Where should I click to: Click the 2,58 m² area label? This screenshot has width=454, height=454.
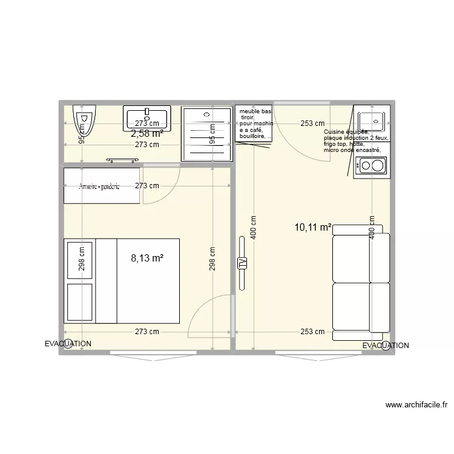point(147,133)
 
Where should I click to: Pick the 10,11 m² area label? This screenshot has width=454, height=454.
point(312,228)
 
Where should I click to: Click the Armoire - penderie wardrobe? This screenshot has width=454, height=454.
point(101,186)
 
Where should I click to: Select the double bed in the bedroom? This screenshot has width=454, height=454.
point(121,281)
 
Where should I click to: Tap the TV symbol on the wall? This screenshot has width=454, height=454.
point(242,263)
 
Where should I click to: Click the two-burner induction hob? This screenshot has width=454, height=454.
point(371,164)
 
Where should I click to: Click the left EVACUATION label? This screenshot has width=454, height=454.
point(68,343)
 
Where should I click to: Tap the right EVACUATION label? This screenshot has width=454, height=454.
point(386,346)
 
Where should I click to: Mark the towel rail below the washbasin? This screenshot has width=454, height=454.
point(123,160)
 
